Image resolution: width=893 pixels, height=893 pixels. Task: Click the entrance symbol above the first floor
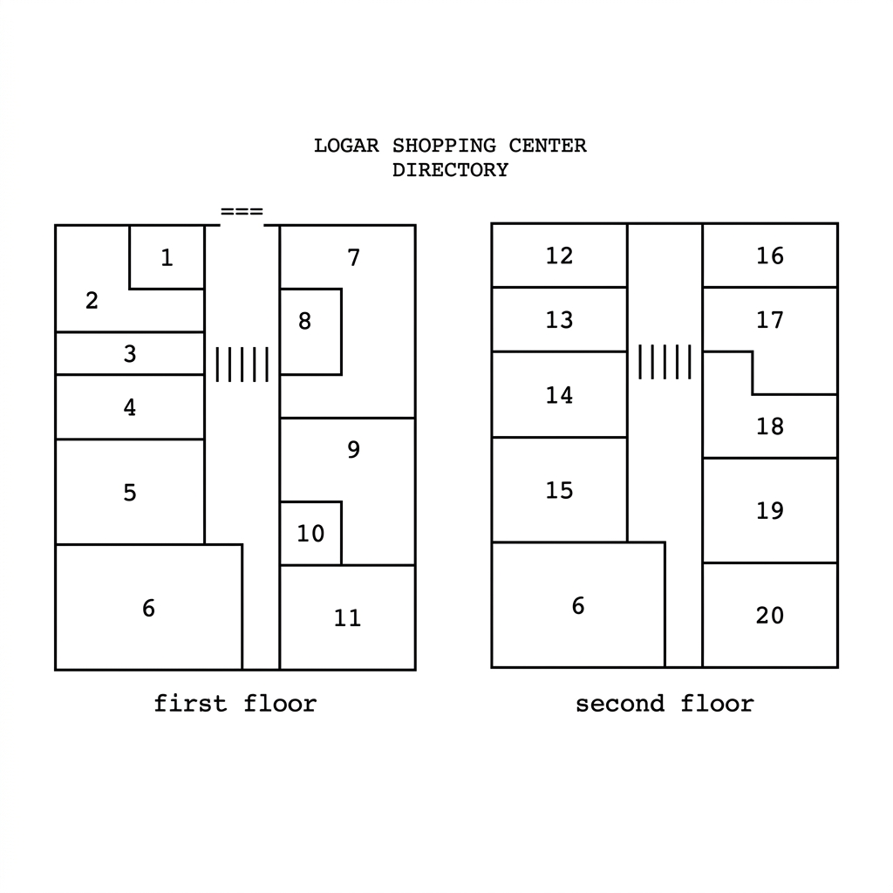tap(242, 211)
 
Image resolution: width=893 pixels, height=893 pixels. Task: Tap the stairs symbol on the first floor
tap(242, 365)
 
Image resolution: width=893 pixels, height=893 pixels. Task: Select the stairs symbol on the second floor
tap(665, 362)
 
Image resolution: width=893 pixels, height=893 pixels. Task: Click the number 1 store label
tap(167, 257)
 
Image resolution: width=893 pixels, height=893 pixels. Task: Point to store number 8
tap(304, 321)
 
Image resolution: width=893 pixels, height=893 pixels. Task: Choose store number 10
tap(310, 534)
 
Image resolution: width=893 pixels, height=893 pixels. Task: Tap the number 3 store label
tap(130, 354)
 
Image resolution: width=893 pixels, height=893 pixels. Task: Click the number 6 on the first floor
tap(148, 608)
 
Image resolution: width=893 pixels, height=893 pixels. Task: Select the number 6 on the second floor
tap(578, 605)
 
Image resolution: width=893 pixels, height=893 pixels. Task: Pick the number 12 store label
tap(559, 256)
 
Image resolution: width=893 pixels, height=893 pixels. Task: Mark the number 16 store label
tap(770, 256)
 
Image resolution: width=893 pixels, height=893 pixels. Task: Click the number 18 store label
tap(770, 426)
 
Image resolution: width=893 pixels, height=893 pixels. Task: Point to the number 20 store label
tap(770, 615)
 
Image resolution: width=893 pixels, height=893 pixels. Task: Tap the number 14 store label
tap(559, 395)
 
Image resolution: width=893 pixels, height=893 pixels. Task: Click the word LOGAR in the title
tap(346, 146)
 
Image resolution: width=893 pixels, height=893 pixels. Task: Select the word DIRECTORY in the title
tap(451, 170)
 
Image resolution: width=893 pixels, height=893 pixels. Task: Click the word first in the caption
tap(191, 704)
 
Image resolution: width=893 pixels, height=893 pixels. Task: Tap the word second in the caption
tap(620, 704)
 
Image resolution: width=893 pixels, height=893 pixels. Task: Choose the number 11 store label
tap(347, 618)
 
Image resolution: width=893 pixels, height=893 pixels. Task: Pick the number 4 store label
tap(130, 407)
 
